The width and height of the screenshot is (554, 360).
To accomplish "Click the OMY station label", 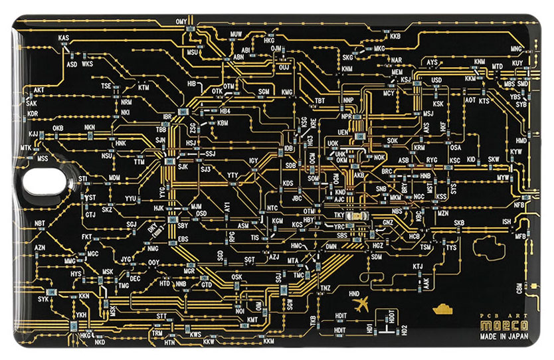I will click(181, 22).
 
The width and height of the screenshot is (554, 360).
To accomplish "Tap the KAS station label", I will click(64, 39).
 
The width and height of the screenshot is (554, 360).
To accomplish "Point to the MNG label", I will click(516, 49).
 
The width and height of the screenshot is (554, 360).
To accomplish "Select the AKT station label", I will click(39, 90).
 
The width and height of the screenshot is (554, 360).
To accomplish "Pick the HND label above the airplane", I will click(354, 293).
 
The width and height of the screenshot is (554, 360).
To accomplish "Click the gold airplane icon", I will click(362, 305).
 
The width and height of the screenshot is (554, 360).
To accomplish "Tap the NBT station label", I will click(41, 223).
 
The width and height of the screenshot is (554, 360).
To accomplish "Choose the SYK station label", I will click(44, 299).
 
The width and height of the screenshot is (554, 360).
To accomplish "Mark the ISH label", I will click(507, 221).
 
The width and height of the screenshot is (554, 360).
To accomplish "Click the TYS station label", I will click(452, 248).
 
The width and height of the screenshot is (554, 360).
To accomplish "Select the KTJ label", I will click(417, 266).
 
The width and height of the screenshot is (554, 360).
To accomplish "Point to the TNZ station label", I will click(325, 288).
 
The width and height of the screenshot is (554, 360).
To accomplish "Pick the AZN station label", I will click(39, 247).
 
